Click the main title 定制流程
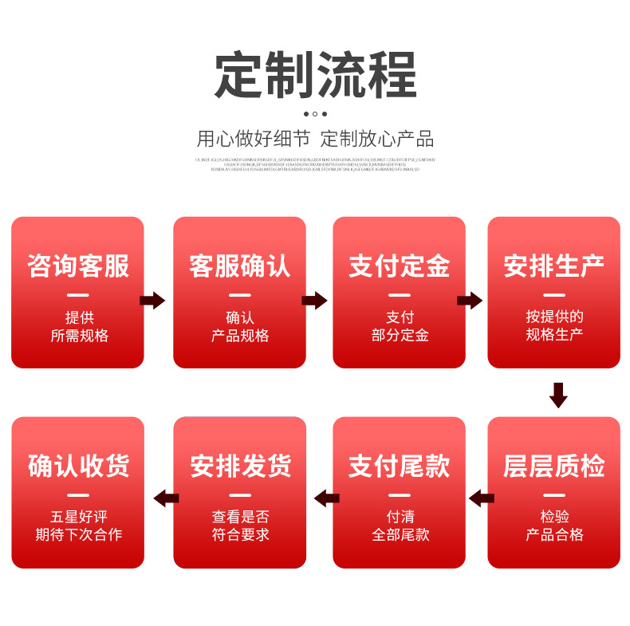pyautogui.click(x=315, y=75)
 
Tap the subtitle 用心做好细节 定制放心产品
pyautogui.click(x=315, y=139)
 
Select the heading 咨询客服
pyautogui.click(x=78, y=266)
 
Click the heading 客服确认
pyautogui.click(x=239, y=266)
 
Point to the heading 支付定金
pyautogui.click(x=399, y=266)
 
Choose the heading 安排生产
pyautogui.click(x=553, y=266)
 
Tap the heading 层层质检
pyautogui.click(x=553, y=466)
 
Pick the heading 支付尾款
pyautogui.click(x=399, y=466)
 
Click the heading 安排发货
pyautogui.click(x=239, y=466)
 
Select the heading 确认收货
pyautogui.click(x=78, y=466)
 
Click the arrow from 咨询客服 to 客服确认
pyautogui.click(x=152, y=301)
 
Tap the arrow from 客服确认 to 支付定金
pyautogui.click(x=314, y=301)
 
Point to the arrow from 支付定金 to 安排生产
pyautogui.click(x=470, y=301)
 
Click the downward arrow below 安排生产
pyautogui.click(x=558, y=395)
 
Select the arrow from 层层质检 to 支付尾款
pyautogui.click(x=481, y=499)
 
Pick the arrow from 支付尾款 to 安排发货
pyautogui.click(x=326, y=499)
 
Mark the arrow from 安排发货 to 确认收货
pyautogui.click(x=165, y=499)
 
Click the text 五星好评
pyautogui.click(x=78, y=517)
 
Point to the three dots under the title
pyautogui.click(x=315, y=114)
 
